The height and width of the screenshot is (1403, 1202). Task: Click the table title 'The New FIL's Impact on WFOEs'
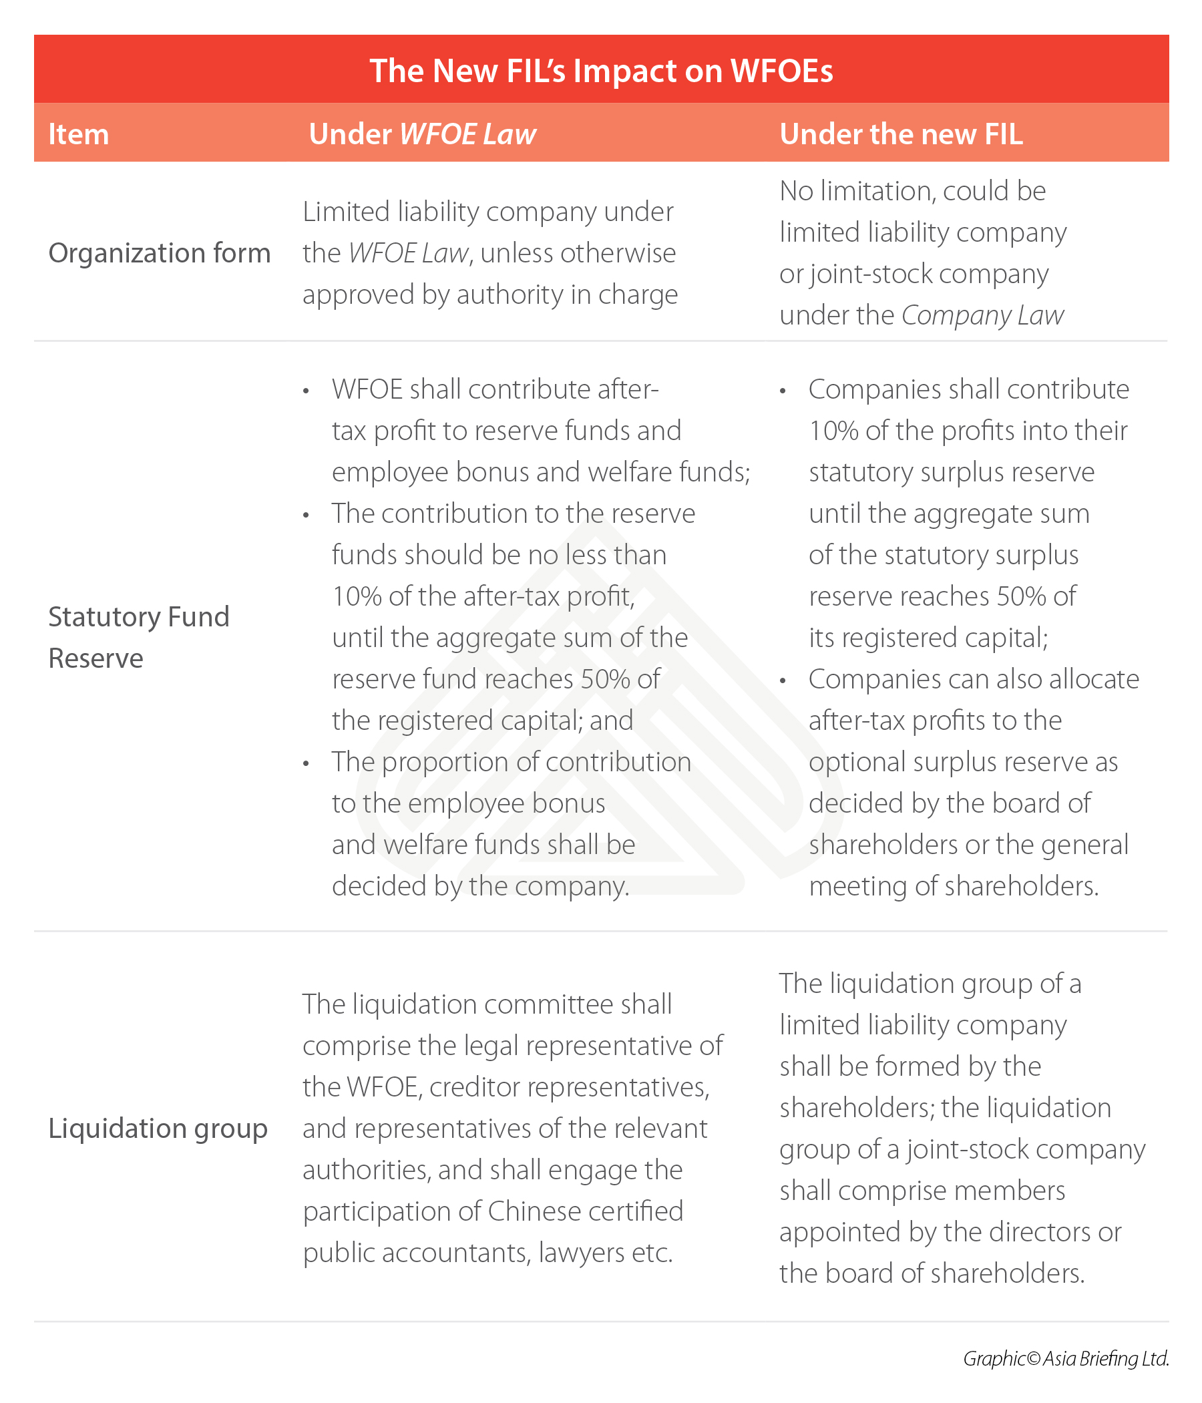tap(600, 70)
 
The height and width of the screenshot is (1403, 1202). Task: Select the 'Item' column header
tap(79, 134)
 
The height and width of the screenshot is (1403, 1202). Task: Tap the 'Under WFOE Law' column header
tap(422, 134)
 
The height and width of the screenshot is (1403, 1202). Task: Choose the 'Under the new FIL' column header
tap(901, 134)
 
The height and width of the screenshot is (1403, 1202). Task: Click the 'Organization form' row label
tap(159, 253)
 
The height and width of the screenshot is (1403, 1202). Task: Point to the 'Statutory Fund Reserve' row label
tap(139, 637)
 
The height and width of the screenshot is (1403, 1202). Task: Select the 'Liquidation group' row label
tap(158, 1129)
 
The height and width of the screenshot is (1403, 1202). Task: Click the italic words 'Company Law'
tap(982, 316)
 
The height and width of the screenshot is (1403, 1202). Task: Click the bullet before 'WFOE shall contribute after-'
tap(307, 391)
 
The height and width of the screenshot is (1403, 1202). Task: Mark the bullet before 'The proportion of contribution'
tap(307, 764)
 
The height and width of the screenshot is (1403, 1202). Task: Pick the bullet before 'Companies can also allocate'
tap(783, 680)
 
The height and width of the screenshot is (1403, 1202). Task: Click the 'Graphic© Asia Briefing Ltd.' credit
tap(1066, 1359)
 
